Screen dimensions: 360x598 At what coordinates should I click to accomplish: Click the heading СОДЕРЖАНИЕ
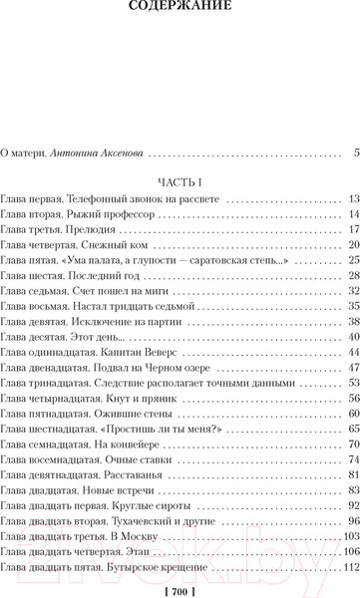point(180,9)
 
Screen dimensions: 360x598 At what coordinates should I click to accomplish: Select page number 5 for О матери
point(355,152)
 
